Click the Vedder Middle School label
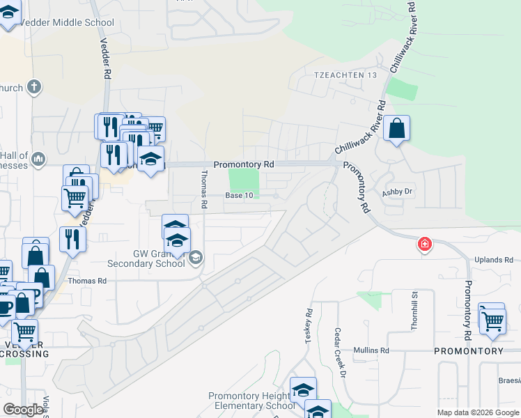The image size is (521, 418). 67,22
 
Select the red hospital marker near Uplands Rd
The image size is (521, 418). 423,245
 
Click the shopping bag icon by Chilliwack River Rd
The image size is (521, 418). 396,129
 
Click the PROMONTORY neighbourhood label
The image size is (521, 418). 468,350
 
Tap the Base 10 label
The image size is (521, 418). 238,196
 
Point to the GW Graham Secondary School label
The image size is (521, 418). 146,259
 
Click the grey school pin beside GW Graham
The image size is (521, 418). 196,258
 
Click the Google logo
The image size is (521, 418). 23,410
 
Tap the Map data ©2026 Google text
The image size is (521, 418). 477,412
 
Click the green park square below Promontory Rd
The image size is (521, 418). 244,183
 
